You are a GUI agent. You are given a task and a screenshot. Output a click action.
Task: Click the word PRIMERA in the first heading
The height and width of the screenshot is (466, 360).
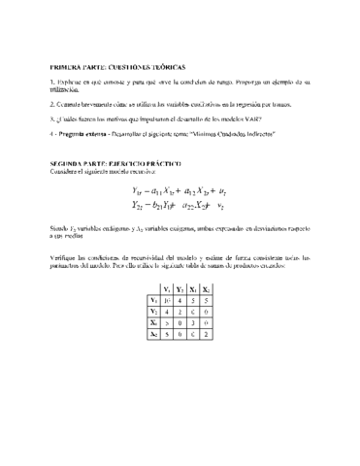[x=66, y=68]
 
